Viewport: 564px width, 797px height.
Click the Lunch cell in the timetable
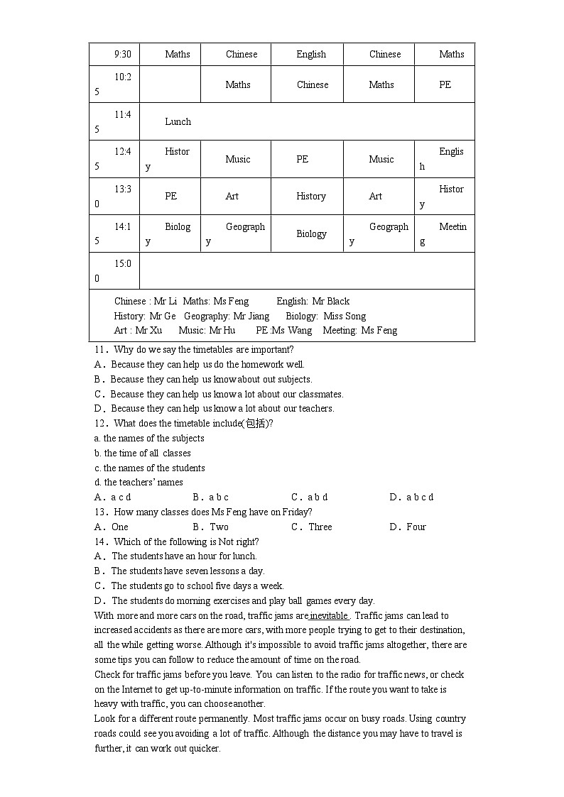click(x=178, y=121)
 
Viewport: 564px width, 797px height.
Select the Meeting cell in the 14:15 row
click(x=444, y=233)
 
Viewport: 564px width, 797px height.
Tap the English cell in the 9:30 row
click(x=311, y=54)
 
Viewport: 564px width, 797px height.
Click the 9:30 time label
click(x=122, y=54)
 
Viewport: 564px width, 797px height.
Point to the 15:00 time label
click(x=114, y=270)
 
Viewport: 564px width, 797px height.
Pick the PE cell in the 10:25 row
click(x=445, y=84)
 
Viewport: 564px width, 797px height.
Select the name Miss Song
click(x=345, y=316)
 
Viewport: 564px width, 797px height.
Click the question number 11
click(x=100, y=349)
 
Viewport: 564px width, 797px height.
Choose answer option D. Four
click(x=408, y=527)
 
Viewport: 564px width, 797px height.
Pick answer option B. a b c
click(x=211, y=497)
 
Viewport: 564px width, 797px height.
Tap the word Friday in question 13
click(x=296, y=512)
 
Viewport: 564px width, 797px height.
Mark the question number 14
click(x=100, y=542)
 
